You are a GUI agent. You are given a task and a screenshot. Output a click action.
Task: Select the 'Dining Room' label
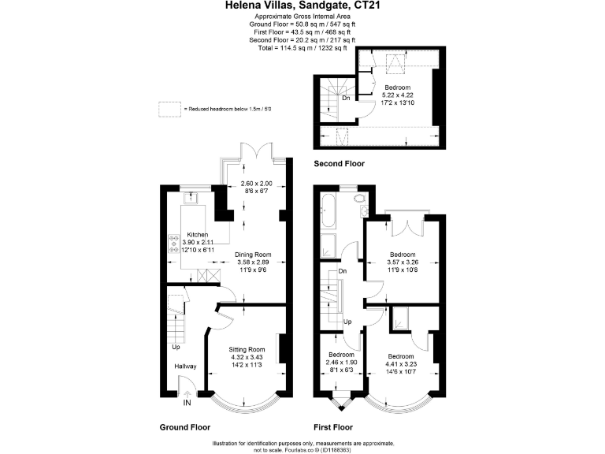click(253, 255)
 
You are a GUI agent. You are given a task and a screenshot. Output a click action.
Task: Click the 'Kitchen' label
click(198, 235)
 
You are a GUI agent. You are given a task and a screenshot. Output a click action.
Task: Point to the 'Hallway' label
click(185, 367)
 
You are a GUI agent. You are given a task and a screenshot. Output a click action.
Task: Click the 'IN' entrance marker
click(187, 403)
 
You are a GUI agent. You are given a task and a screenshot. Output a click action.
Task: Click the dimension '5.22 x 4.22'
click(397, 96)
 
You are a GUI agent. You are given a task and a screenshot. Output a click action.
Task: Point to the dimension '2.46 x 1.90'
click(342, 363)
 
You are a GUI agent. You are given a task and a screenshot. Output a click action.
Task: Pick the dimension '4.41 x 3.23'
click(402, 363)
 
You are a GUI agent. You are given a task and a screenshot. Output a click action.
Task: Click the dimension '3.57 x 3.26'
click(403, 264)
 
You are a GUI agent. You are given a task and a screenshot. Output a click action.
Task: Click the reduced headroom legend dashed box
click(169, 108)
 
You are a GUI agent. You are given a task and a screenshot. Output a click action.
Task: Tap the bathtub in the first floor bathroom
click(328, 210)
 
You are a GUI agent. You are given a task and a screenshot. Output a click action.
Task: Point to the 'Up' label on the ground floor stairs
click(176, 347)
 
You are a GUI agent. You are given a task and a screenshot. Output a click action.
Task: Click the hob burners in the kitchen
click(173, 243)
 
